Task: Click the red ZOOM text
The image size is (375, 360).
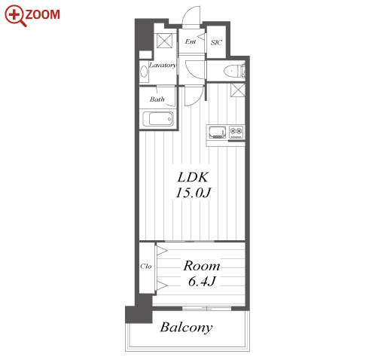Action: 42,14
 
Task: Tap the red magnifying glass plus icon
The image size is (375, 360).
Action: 15,16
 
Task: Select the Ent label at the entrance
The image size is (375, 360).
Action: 191,41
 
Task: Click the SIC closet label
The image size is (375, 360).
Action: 216,43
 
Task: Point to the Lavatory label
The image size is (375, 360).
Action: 163,66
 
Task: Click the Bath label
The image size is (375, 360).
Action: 157,99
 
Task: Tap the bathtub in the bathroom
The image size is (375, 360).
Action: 158,119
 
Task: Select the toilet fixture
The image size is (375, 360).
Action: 233,71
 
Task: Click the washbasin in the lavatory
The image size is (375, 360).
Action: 144,72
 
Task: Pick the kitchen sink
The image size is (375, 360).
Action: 218,132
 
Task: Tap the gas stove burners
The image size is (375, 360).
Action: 236,131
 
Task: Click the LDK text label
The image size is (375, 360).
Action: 193,178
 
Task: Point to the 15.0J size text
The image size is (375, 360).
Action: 193,193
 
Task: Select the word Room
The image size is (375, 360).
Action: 202,266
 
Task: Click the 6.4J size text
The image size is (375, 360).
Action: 202,281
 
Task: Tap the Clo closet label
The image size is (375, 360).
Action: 146,266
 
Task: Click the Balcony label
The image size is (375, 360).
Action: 186,328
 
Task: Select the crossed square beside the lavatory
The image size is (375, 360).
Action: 165,41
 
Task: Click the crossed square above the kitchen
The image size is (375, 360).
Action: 237,90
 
